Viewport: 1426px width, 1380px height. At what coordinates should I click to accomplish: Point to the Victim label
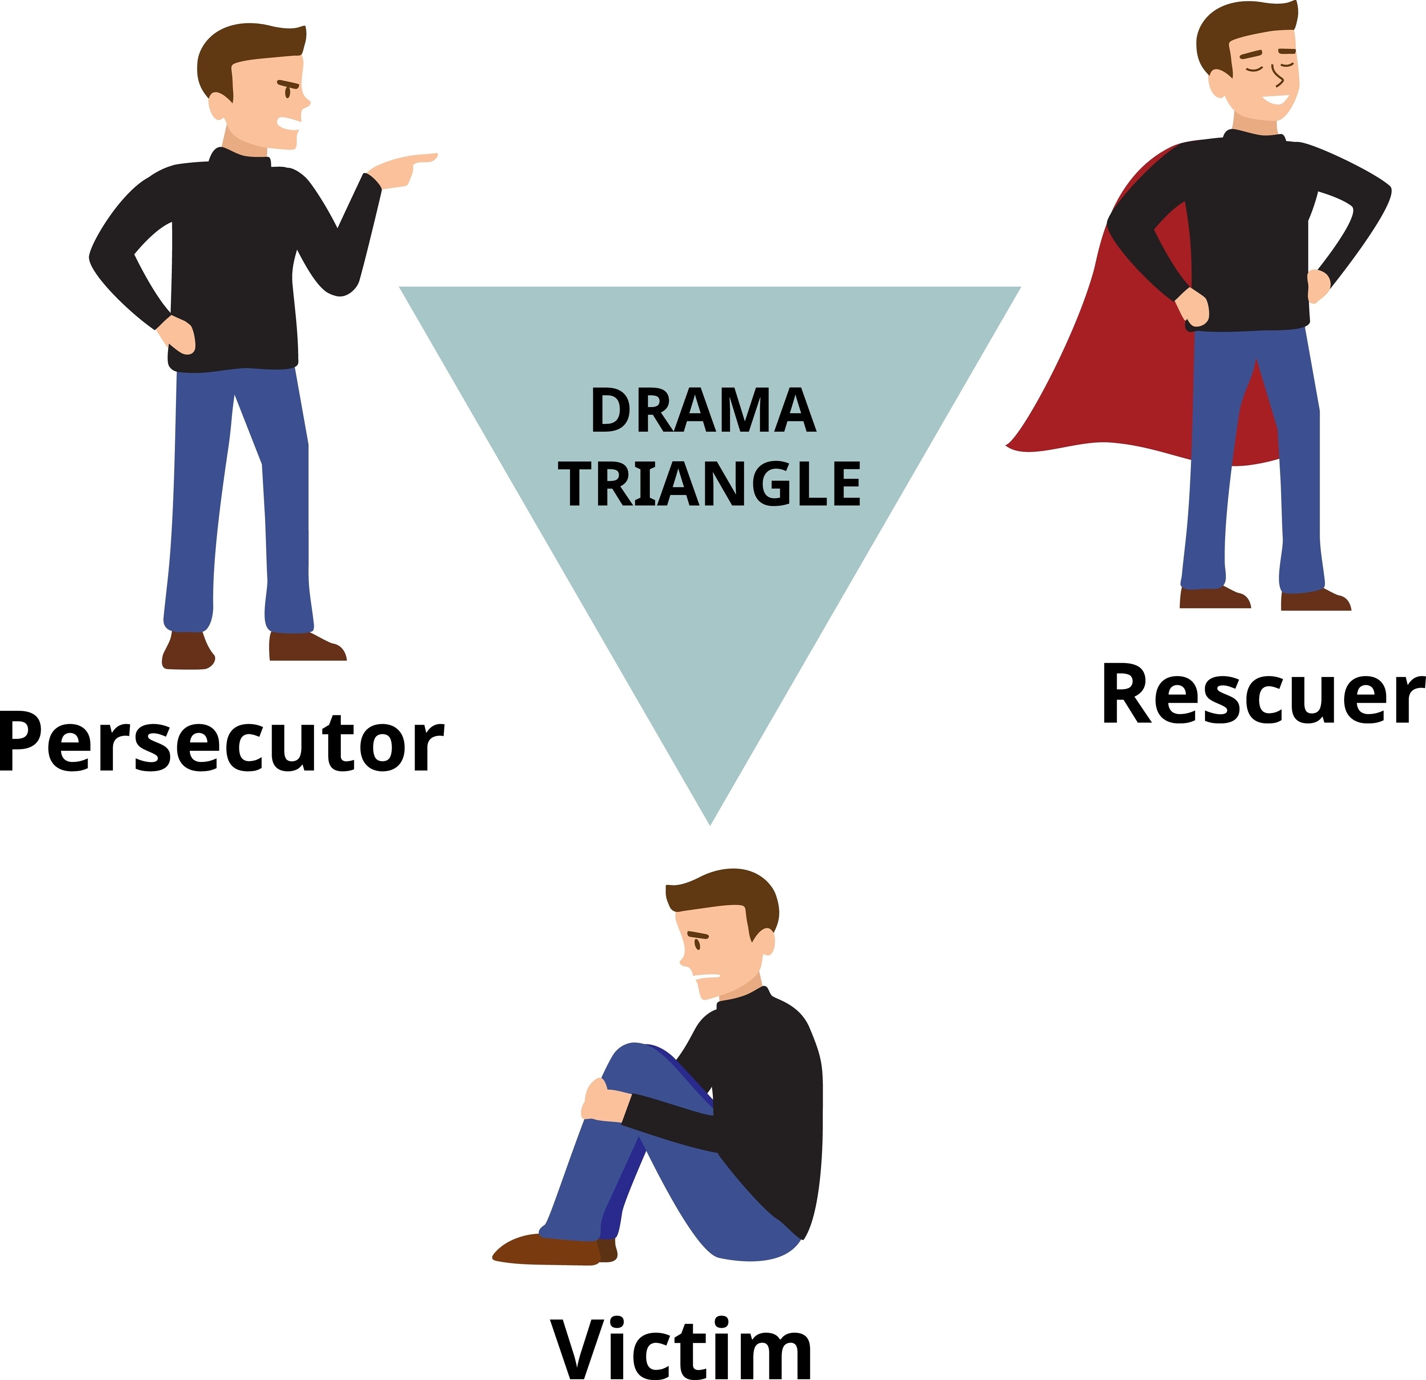coord(680,1347)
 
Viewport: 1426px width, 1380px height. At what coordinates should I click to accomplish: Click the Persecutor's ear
coord(217,106)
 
